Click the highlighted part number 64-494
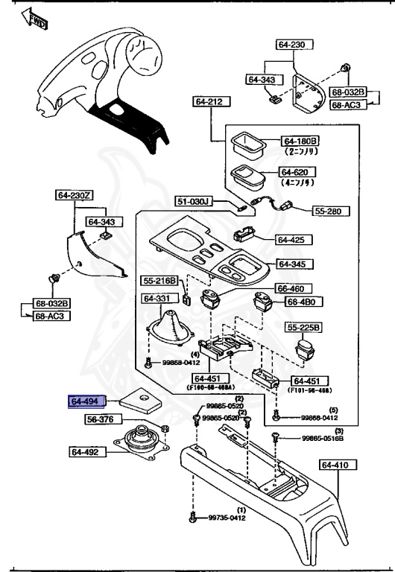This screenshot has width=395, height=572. (86, 402)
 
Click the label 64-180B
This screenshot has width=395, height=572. (300, 141)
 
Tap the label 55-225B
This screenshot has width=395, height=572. (304, 328)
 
